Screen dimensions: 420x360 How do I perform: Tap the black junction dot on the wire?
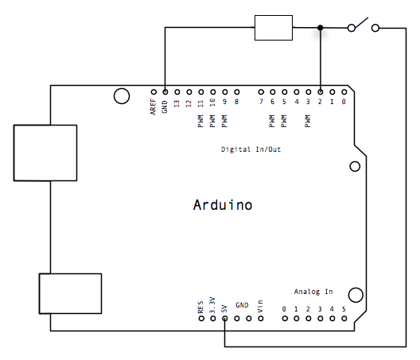[320, 28]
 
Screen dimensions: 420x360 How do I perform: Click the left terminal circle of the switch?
[352, 28]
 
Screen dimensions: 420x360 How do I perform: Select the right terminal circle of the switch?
[375, 28]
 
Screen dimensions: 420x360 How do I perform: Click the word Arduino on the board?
[223, 205]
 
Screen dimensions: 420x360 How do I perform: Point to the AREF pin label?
[153, 106]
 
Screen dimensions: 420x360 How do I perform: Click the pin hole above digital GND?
[165, 92]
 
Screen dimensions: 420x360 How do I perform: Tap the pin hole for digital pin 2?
[321, 92]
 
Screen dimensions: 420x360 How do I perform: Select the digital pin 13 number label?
[177, 103]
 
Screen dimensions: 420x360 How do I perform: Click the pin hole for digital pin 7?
[261, 92]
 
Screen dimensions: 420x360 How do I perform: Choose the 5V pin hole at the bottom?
[225, 319]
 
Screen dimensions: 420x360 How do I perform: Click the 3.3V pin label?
[212, 305]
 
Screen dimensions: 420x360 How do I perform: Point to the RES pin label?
[200, 307]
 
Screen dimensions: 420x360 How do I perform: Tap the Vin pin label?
[260, 307]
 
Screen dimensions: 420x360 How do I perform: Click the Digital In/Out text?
[251, 149]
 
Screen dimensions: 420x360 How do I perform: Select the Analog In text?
[313, 292]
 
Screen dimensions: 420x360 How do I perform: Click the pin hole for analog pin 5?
[344, 319]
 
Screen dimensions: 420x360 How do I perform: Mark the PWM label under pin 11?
[200, 122]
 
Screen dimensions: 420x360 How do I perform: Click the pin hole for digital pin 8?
[237, 92]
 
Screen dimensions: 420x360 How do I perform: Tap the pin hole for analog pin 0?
[285, 319]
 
